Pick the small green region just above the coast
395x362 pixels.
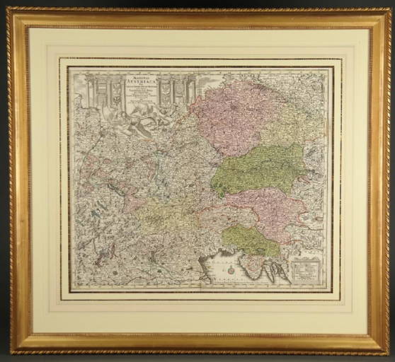[x=251, y=240]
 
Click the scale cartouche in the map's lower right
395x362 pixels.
[x=307, y=269]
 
